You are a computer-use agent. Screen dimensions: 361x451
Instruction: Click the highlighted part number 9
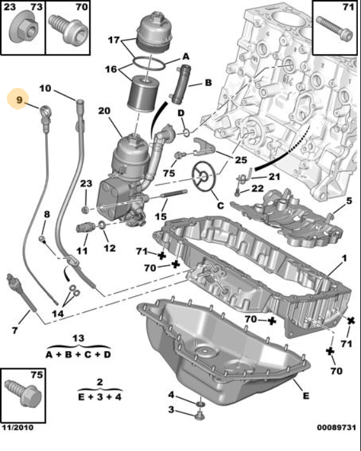click(18, 100)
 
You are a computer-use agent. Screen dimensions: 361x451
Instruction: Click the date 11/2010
click(17, 427)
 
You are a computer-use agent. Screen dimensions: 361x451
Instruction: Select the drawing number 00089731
click(336, 427)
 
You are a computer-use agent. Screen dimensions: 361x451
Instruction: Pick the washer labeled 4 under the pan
click(201, 404)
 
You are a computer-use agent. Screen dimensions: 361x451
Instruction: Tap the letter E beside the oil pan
click(306, 396)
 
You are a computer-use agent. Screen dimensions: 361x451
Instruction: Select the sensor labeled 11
click(86, 228)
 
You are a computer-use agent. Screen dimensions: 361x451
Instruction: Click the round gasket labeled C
click(204, 176)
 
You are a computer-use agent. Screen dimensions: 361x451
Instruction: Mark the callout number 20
click(104, 110)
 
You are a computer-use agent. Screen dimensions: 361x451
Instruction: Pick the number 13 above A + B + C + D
click(78, 338)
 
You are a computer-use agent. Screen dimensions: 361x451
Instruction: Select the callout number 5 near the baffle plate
click(349, 201)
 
